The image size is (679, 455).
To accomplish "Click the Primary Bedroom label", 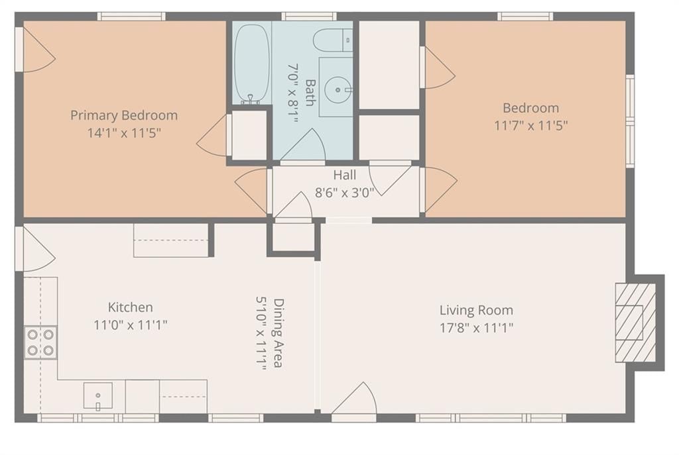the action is pyautogui.click(x=124, y=115).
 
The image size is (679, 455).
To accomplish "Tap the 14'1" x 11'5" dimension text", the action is pyautogui.click(x=124, y=132).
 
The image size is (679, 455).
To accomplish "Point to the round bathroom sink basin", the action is pyautogui.click(x=338, y=90).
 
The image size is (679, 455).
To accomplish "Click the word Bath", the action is pyautogui.click(x=310, y=93).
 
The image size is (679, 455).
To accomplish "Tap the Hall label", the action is pyautogui.click(x=345, y=175).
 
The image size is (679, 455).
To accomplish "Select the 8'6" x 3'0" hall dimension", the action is pyautogui.click(x=344, y=193).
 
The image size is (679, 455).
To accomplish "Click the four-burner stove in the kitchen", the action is pyautogui.click(x=40, y=342).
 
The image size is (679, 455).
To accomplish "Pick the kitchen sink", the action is pyautogui.click(x=98, y=396).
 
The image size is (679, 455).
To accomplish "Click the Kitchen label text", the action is pyautogui.click(x=130, y=307).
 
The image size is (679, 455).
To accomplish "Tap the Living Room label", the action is pyautogui.click(x=476, y=311).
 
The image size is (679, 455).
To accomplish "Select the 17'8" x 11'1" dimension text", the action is pyautogui.click(x=476, y=328).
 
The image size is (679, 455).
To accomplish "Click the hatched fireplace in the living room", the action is pyautogui.click(x=635, y=323).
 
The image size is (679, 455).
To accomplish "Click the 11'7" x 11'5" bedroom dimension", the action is pyautogui.click(x=531, y=125).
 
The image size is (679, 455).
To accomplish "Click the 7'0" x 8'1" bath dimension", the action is pyautogui.click(x=293, y=93).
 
